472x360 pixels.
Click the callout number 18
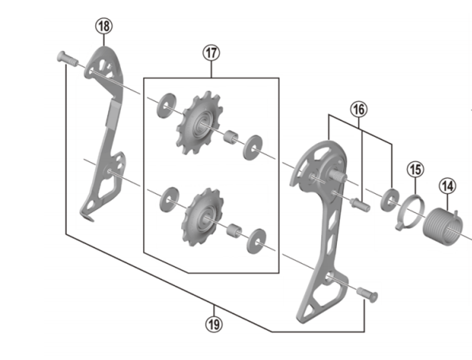coord(103,26)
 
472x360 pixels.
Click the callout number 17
coord(211,54)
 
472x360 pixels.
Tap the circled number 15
coord(414,168)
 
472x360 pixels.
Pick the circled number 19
coord(214,323)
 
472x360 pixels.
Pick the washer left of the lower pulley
coord(168,195)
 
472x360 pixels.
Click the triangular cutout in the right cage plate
coord(319,301)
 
